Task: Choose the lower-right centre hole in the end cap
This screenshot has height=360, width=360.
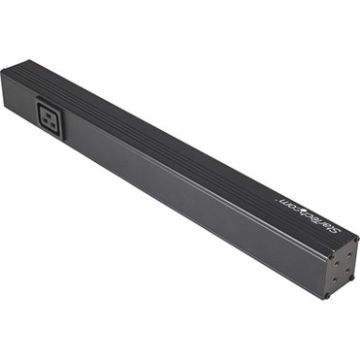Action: pyautogui.click(x=347, y=270)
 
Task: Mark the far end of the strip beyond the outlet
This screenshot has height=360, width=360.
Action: pyautogui.click(x=12, y=83)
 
